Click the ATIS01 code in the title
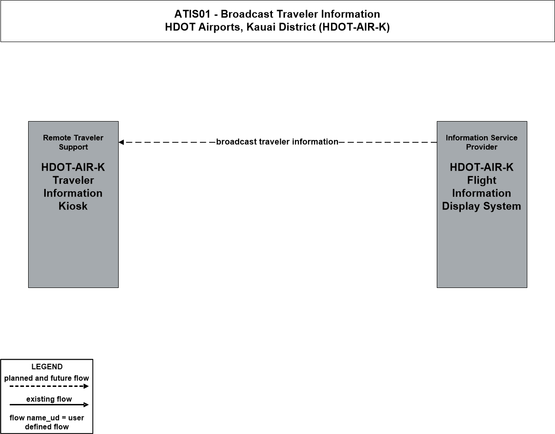(193, 14)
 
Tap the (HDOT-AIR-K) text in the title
(354, 27)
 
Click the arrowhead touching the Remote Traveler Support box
(121, 142)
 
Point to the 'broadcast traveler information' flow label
(277, 141)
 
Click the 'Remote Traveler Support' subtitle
(73, 142)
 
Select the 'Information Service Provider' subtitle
(482, 142)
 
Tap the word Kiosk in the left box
(73, 206)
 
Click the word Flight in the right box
(482, 180)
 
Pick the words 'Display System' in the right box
(482, 206)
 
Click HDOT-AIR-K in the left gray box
(73, 167)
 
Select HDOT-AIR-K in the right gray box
(482, 167)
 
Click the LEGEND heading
(47, 367)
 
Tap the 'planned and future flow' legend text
(47, 378)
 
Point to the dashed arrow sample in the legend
(49, 386)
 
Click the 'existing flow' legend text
(49, 399)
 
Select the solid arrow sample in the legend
(49, 404)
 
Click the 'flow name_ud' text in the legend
(35, 418)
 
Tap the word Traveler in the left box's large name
(73, 180)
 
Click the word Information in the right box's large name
(482, 193)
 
